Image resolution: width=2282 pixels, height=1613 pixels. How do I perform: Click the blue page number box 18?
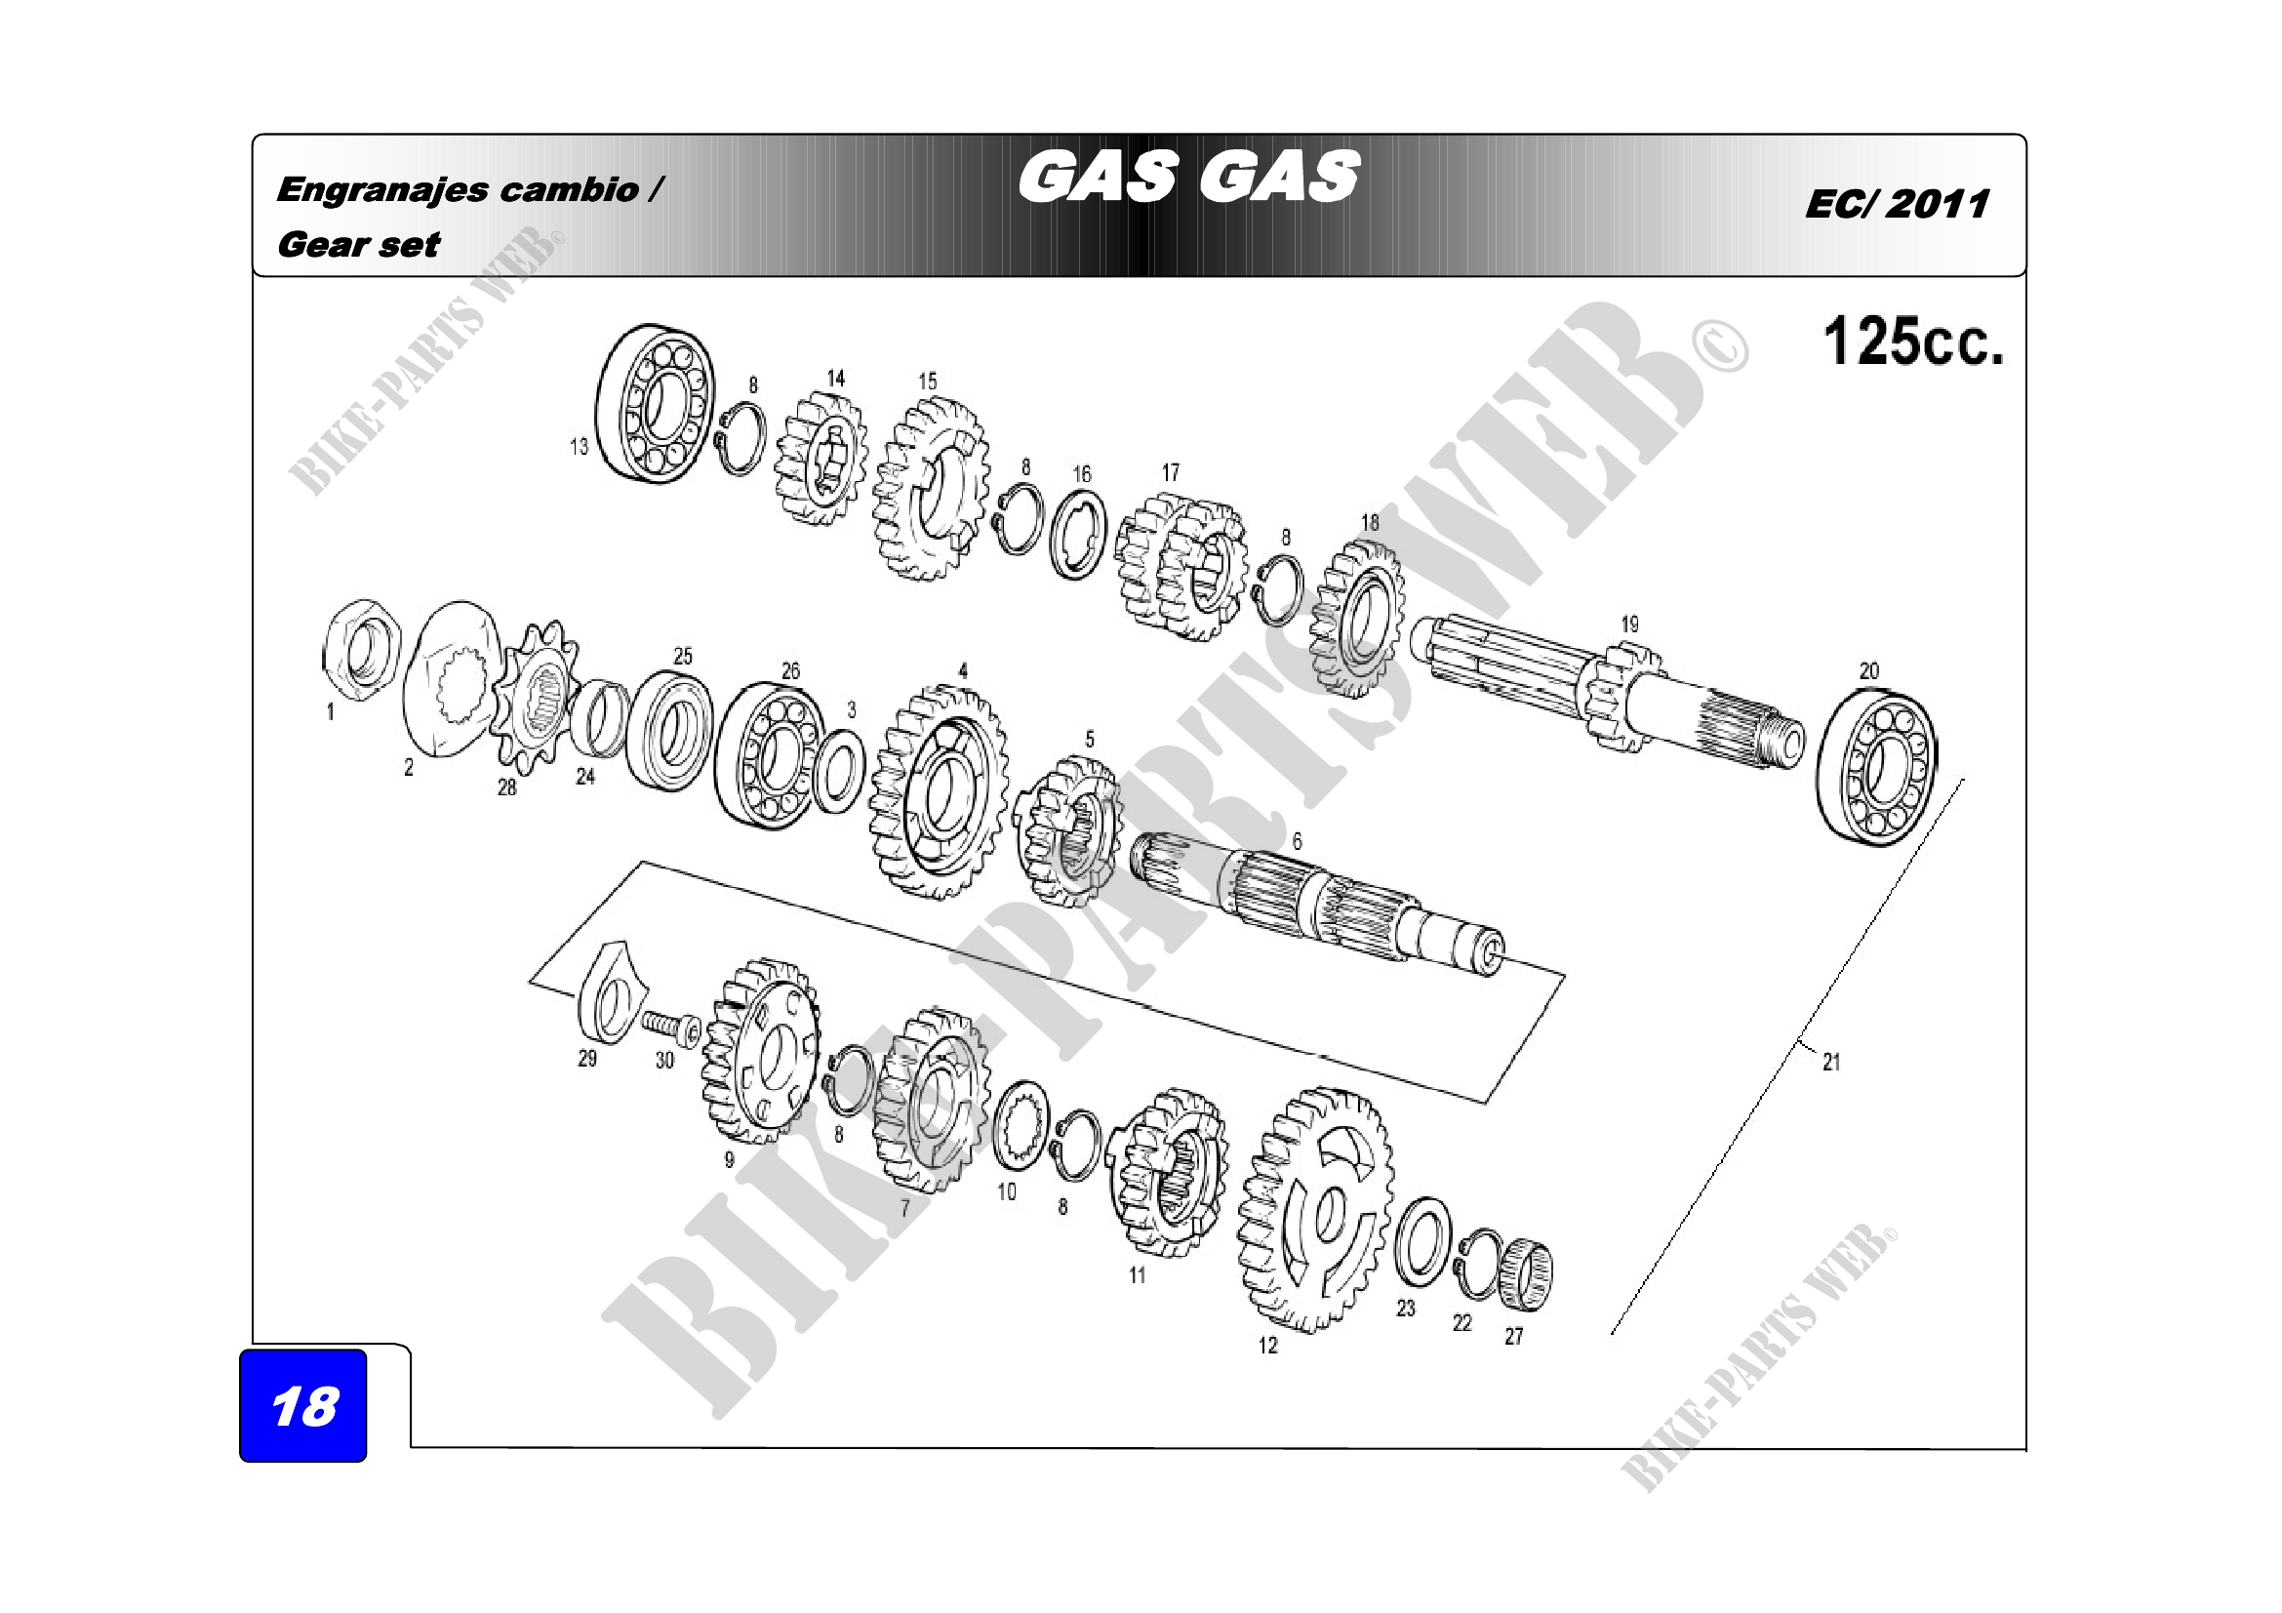303,1404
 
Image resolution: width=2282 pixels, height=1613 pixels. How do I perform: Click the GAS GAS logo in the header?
1188,177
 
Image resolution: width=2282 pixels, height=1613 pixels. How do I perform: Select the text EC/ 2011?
1898,204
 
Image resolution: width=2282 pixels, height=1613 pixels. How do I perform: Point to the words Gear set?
358,245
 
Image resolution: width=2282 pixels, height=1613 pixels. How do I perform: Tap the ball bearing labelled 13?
655,404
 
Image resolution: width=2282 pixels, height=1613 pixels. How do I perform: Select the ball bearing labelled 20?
1876,766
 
